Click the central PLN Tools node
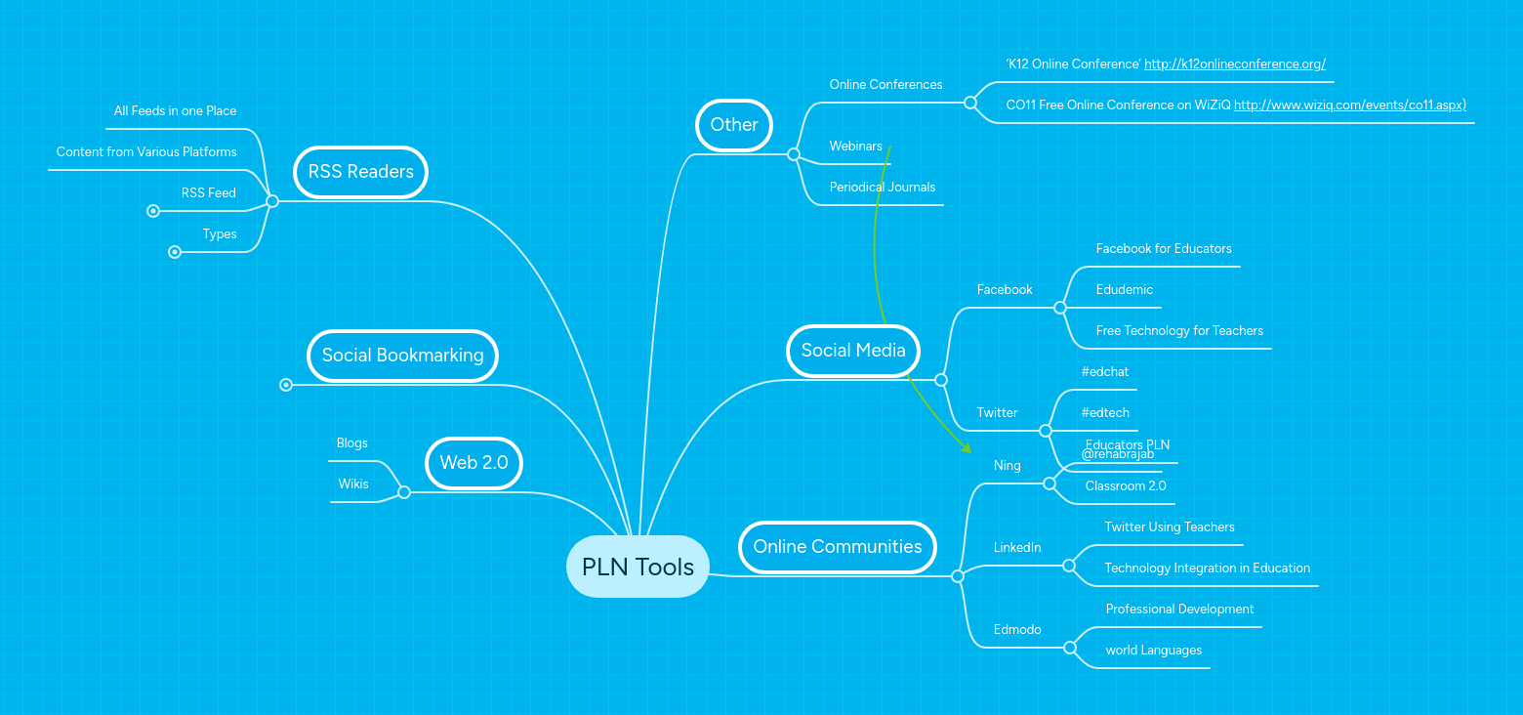[x=638, y=567]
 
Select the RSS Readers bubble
[x=360, y=172]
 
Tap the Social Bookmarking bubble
[x=402, y=356]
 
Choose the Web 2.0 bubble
[x=473, y=463]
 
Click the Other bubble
[x=734, y=125]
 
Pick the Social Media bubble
[x=853, y=351]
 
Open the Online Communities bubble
[x=837, y=547]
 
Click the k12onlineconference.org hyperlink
[x=1234, y=64]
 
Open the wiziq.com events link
[x=1349, y=105]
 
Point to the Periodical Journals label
[x=882, y=188]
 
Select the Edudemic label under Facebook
[x=1124, y=290]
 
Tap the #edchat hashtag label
[x=1104, y=372]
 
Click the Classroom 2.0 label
[x=1125, y=486]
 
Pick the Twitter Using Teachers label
[x=1169, y=527]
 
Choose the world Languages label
[x=1153, y=651]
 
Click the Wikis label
[x=353, y=484]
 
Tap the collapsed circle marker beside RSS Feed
[x=152, y=211]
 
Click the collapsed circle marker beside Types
[x=175, y=252]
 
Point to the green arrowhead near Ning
[x=967, y=449]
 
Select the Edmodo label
[x=1016, y=630]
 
